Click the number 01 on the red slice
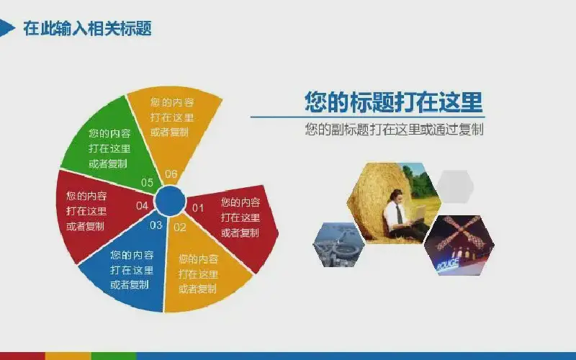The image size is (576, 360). point(198,208)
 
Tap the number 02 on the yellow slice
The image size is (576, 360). point(179,228)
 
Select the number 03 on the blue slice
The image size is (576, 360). point(156,225)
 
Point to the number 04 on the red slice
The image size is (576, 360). point(142,206)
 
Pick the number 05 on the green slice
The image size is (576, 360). point(147,183)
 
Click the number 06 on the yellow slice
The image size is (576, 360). point(171,174)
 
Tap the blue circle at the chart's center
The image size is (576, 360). point(170,201)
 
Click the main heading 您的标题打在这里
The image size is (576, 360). point(393,102)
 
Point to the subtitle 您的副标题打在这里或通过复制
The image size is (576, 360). point(394,130)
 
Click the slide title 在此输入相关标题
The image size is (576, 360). point(87,28)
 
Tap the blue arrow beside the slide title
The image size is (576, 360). point(6,28)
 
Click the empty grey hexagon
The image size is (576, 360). point(455,186)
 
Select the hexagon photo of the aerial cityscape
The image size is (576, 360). point(338,244)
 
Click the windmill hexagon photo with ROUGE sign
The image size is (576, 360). point(459,246)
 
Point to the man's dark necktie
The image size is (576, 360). point(399,215)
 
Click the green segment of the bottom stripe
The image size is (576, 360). point(114,356)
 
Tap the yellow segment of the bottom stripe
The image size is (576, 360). point(68,356)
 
